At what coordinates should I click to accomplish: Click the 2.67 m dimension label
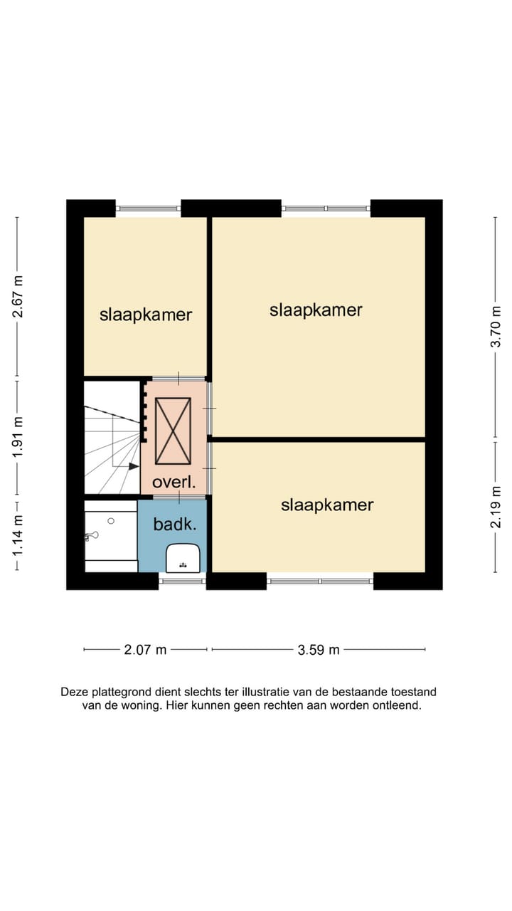pos(18,297)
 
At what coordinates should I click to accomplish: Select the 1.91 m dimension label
pos(18,436)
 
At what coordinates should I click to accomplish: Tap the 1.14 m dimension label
pos(18,536)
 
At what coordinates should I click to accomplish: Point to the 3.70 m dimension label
pos(496,326)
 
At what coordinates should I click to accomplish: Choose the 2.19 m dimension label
pos(496,507)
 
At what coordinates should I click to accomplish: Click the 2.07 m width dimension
pos(145,650)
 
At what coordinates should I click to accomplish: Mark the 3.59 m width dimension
pos(318,650)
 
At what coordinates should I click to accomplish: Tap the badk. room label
pos(175,525)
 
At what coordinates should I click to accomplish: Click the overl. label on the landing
pos(174,483)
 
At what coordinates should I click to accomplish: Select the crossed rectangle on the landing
pos(173,431)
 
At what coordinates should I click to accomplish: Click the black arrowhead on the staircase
pos(134,466)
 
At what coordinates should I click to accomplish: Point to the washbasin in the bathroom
pos(183,558)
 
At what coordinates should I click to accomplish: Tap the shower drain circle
pos(111,521)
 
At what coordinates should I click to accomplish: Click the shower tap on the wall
pos(91,536)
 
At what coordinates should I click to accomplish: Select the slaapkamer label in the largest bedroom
pos(316,310)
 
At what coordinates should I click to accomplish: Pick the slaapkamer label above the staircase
pos(146,315)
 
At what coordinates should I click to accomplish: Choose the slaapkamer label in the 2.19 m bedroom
pos(327,505)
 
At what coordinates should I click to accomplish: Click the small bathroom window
pos(182,581)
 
